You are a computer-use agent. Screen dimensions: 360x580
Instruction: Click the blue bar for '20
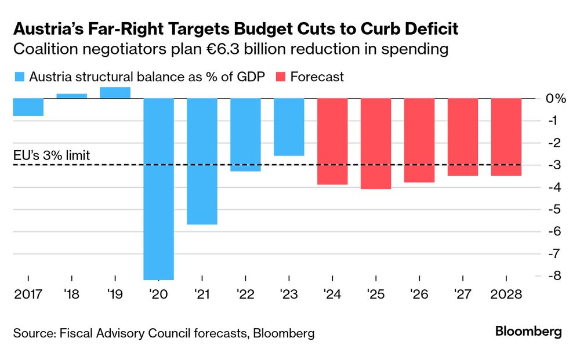point(159,189)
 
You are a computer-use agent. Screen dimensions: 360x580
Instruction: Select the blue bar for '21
point(202,161)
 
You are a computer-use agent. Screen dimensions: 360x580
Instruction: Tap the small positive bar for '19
point(115,93)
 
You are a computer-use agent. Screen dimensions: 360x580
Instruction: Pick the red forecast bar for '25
point(376,144)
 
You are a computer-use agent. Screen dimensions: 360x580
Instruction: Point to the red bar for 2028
point(506,137)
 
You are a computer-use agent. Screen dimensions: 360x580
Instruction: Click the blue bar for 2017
point(28,107)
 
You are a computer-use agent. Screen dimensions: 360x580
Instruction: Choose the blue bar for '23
point(289,127)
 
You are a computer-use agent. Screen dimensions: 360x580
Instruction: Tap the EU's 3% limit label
point(52,155)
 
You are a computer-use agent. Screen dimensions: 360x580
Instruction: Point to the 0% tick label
point(556,99)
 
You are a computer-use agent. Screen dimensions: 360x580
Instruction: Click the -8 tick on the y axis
point(556,276)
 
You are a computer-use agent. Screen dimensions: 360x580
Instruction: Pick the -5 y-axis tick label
point(556,209)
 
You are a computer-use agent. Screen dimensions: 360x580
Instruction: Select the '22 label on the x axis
point(245,294)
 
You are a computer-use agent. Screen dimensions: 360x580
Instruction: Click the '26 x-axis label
point(419,294)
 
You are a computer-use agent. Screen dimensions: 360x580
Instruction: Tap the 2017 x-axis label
point(28,294)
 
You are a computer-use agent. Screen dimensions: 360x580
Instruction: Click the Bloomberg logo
point(528,332)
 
